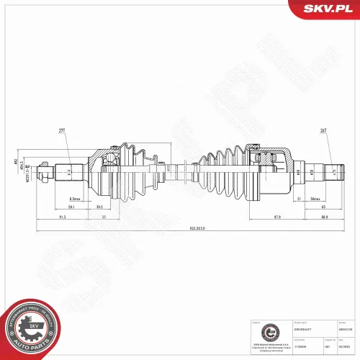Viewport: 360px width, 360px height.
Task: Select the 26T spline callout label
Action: pos(324,130)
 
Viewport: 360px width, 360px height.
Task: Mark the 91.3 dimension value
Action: pos(63,216)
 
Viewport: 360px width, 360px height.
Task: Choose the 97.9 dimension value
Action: pos(276,216)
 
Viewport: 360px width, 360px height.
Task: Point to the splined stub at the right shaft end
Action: pos(334,171)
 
